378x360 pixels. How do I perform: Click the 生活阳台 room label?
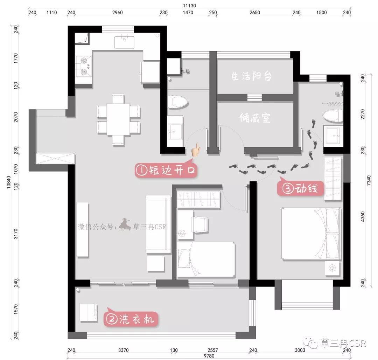tap(251, 76)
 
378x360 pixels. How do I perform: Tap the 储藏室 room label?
tap(255, 118)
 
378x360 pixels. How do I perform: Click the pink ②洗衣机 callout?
tap(131, 319)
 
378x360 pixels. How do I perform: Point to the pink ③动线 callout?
tap(300, 188)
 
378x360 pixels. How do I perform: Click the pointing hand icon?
tap(196, 150)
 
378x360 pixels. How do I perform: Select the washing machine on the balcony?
tap(89, 312)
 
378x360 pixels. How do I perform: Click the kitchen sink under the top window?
tap(124, 42)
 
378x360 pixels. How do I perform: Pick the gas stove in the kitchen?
tap(83, 66)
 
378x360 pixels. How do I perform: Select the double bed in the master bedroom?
tap(311, 234)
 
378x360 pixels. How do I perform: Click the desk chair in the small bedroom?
tap(199, 224)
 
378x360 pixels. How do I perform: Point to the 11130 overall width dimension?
tap(189, 5)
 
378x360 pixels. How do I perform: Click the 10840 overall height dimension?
tap(9, 182)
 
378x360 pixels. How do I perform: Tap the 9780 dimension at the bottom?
tap(209, 356)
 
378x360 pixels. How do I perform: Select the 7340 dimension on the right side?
tap(369, 180)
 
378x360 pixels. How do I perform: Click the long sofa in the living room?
tap(158, 224)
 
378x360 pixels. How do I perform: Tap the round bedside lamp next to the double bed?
tap(332, 268)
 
